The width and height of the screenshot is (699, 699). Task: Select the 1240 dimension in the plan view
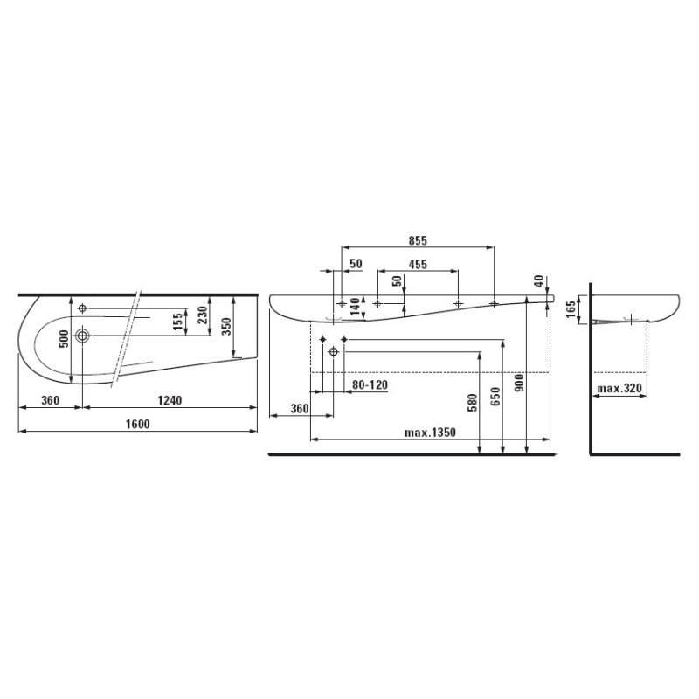pyautogui.click(x=170, y=401)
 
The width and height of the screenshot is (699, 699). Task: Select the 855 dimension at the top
pyautogui.click(x=417, y=239)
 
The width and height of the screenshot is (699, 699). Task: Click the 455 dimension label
pyautogui.click(x=417, y=264)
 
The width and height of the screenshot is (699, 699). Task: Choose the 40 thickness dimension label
pyautogui.click(x=539, y=280)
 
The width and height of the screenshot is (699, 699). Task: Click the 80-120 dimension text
pyautogui.click(x=370, y=384)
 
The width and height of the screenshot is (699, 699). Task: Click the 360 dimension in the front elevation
pyautogui.click(x=299, y=409)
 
